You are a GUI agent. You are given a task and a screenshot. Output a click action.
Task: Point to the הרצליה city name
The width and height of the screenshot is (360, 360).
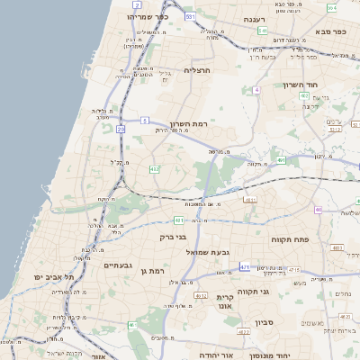click(197, 69)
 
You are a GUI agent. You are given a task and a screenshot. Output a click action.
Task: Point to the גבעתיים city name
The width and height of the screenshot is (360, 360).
click(118, 265)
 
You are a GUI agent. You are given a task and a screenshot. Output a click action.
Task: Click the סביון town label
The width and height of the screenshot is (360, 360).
click(264, 321)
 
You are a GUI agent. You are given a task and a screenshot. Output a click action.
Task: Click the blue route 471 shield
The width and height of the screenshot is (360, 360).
click(245, 267)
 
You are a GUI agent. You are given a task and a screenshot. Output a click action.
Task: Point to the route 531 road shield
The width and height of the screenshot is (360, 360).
click(190, 16)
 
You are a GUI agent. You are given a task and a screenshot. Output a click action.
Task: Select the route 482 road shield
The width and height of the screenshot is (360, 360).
click(155, 168)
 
